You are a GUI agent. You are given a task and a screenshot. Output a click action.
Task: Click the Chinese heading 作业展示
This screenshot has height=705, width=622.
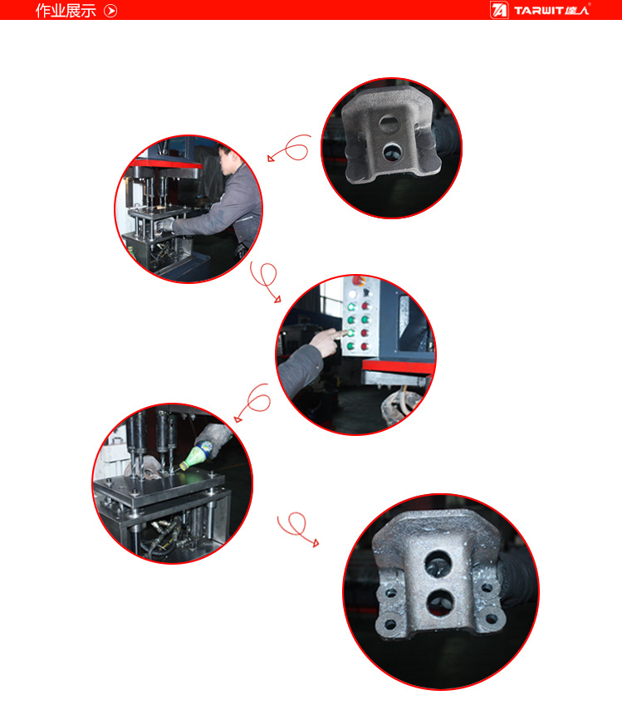66,10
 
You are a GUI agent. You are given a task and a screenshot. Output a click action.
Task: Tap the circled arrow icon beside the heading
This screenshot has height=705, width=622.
110,11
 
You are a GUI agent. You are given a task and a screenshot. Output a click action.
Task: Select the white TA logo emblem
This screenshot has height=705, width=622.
499,10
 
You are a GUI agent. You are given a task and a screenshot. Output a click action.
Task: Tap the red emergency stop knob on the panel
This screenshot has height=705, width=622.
359,281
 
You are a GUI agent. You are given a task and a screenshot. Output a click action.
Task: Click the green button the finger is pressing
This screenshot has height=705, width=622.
350,333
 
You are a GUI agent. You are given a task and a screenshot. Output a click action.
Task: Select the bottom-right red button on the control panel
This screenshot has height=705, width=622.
365,346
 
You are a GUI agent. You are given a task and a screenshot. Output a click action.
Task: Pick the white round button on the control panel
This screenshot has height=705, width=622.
353,294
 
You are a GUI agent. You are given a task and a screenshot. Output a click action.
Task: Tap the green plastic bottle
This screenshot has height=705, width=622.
196,455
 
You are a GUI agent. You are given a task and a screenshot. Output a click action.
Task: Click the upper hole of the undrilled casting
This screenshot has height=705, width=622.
388,122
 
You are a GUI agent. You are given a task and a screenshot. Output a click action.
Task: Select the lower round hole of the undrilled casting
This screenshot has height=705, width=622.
392,151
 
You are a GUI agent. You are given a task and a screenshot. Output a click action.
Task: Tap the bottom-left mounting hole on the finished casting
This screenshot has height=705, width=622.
390,624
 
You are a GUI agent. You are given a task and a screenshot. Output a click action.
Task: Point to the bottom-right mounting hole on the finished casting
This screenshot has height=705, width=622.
491,619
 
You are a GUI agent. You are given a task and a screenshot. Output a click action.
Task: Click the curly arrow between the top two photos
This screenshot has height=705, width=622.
290,148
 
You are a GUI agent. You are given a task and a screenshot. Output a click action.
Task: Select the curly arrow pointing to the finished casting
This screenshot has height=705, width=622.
298,527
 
